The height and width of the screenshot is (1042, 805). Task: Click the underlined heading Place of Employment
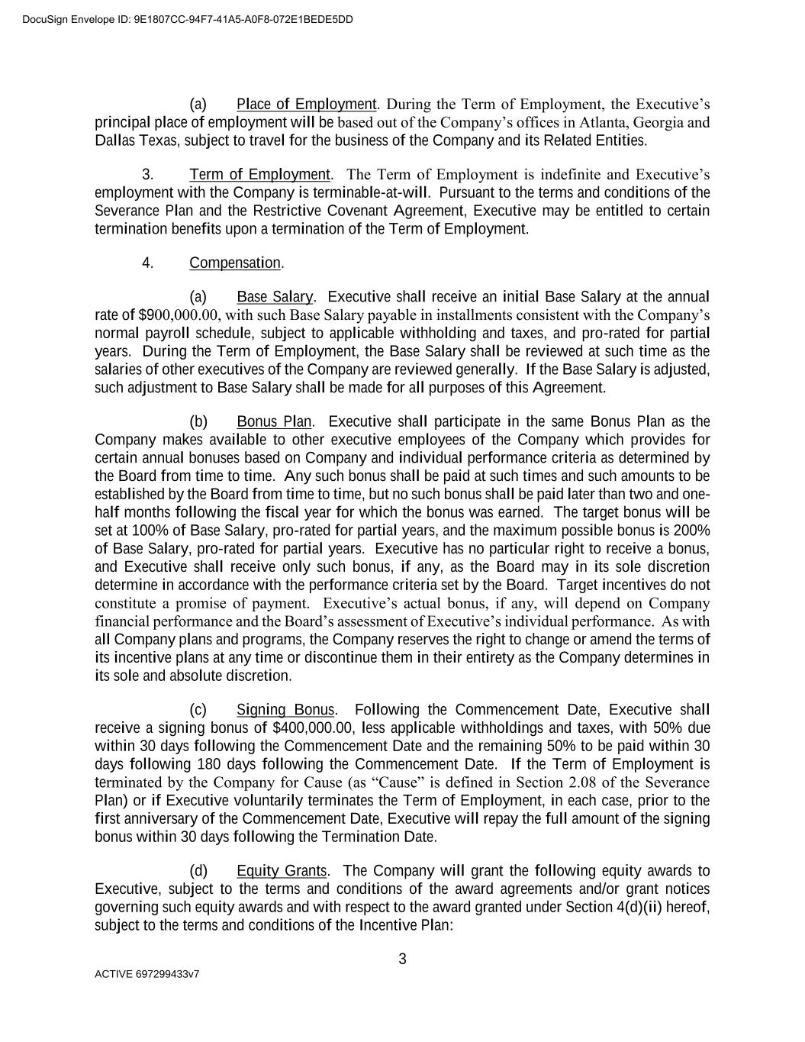pyautogui.click(x=307, y=105)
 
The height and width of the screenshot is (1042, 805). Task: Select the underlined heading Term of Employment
pyautogui.click(x=259, y=175)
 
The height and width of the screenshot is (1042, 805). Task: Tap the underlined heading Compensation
pyautogui.click(x=235, y=263)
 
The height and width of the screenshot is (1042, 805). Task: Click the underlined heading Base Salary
pyautogui.click(x=275, y=297)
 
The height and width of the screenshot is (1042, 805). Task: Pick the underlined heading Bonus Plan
pyautogui.click(x=274, y=422)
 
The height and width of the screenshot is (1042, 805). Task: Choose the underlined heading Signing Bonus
pyautogui.click(x=285, y=710)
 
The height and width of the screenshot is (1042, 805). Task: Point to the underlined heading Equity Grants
pyautogui.click(x=282, y=871)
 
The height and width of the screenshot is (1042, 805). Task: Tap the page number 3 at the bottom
pyautogui.click(x=402, y=960)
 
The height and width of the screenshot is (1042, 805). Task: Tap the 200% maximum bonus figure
pyautogui.click(x=694, y=531)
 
